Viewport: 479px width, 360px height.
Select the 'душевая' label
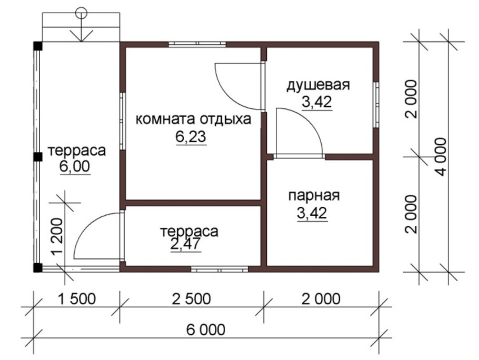(318, 85)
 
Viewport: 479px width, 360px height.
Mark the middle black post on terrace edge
(38, 156)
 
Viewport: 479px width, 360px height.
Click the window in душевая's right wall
(377, 104)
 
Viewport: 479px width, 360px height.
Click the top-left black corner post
(37, 45)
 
